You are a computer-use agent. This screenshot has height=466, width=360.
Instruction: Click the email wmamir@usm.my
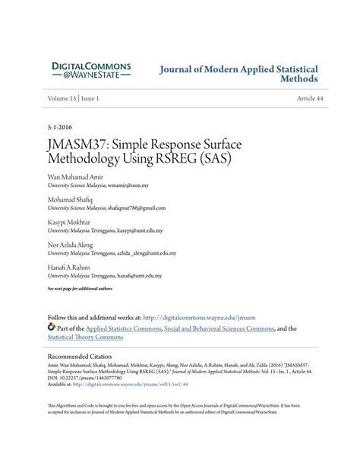click(x=128, y=185)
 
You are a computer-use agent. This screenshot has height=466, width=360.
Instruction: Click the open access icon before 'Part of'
click(x=52, y=328)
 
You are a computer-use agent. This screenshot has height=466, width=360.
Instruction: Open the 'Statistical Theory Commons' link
click(x=85, y=338)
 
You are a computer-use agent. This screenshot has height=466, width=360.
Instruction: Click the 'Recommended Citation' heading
click(x=84, y=356)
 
